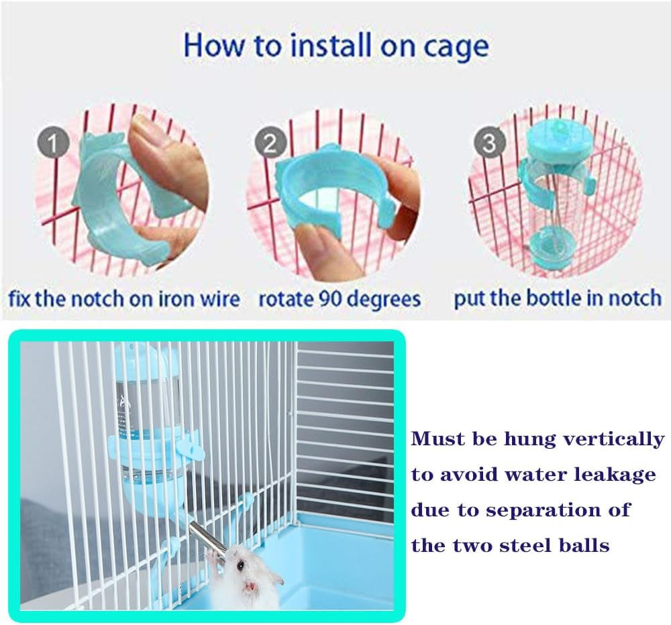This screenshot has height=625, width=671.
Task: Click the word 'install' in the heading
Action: point(332,46)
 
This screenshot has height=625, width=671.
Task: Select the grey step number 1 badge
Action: point(52,144)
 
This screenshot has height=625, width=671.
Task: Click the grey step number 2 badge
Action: point(270,144)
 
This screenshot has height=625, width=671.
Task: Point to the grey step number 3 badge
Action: point(490,143)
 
